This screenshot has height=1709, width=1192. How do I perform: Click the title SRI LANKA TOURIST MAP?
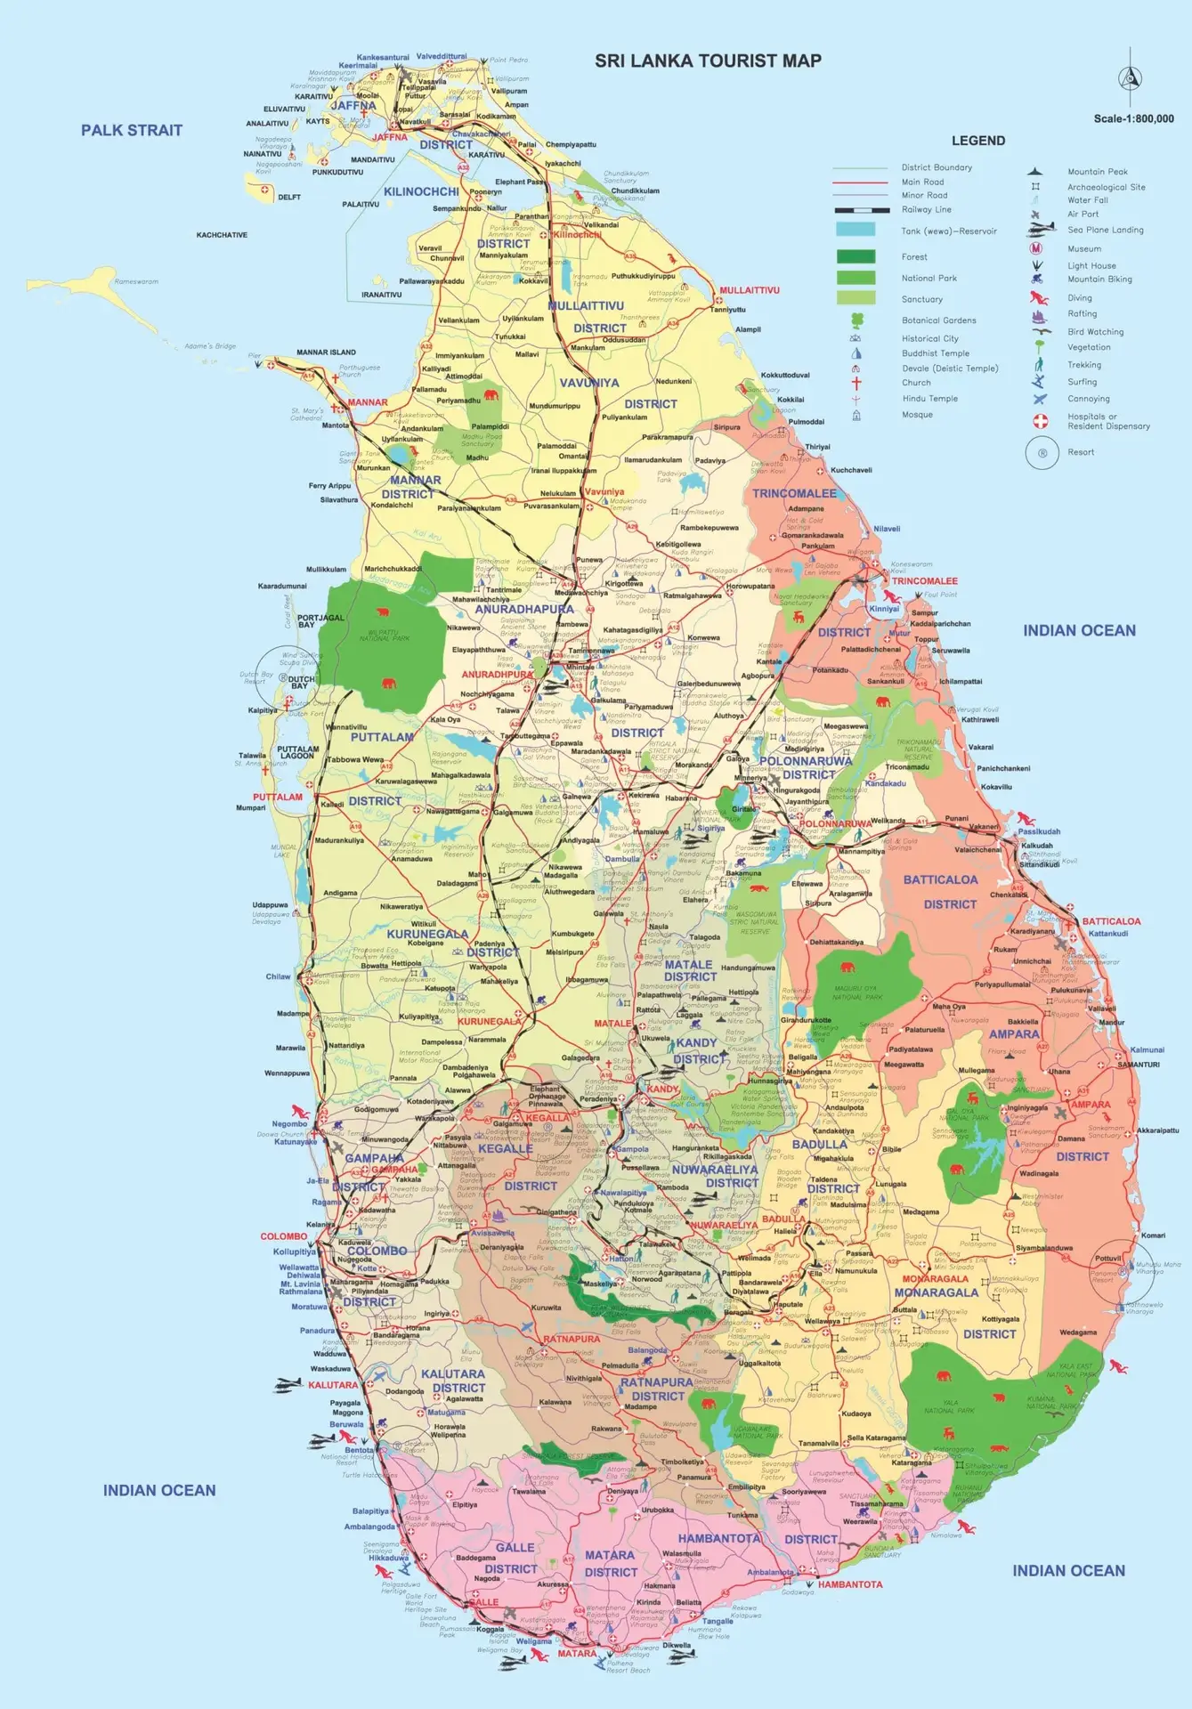click(708, 61)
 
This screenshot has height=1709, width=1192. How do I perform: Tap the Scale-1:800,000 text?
click(1133, 118)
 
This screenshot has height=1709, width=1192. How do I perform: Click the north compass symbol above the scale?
click(1130, 77)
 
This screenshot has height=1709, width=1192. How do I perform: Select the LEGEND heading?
click(977, 141)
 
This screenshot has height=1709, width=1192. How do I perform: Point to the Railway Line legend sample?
click(861, 210)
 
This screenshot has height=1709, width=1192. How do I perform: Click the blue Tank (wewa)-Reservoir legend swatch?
click(855, 230)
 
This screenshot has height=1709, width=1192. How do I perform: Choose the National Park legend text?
click(928, 278)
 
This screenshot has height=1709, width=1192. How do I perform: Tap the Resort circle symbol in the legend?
click(1041, 452)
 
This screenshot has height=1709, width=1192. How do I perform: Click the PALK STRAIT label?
click(132, 130)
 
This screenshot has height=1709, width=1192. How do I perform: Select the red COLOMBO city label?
click(283, 1236)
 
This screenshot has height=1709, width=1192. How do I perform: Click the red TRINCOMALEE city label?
click(924, 580)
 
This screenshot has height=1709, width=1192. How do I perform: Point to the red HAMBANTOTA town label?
click(850, 1584)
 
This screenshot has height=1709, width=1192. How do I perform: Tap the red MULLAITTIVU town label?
click(749, 290)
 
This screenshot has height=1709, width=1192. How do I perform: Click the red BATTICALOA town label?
click(1111, 921)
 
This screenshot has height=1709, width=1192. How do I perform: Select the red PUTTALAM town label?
click(277, 797)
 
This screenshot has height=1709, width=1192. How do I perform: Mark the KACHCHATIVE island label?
click(222, 235)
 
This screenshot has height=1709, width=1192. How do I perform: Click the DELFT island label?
click(289, 198)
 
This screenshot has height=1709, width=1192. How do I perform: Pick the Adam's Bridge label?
click(210, 346)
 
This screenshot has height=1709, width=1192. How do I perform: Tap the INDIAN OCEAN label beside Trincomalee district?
click(1079, 630)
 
